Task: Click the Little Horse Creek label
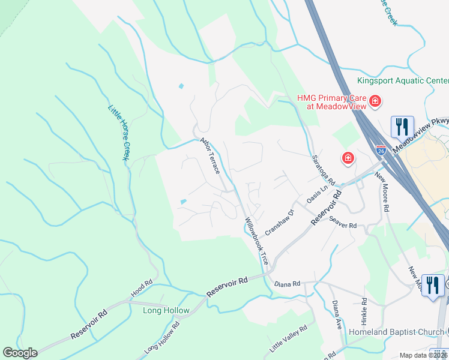pyautogui.click(x=119, y=133)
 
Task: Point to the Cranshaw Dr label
pyautogui.click(x=279, y=222)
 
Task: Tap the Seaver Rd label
pyautogui.click(x=343, y=222)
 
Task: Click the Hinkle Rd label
pyautogui.click(x=364, y=310)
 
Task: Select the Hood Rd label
pyautogui.click(x=142, y=289)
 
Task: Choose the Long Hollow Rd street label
pyautogui.click(x=161, y=340)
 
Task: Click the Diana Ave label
pyautogui.click(x=336, y=313)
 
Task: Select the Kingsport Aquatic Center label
pyautogui.click(x=403, y=80)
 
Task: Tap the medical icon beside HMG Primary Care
pyautogui.click(x=375, y=101)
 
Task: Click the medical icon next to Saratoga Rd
pyautogui.click(x=348, y=158)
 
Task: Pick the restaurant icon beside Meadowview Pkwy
pyautogui.click(x=402, y=127)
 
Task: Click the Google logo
pyautogui.click(x=20, y=353)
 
